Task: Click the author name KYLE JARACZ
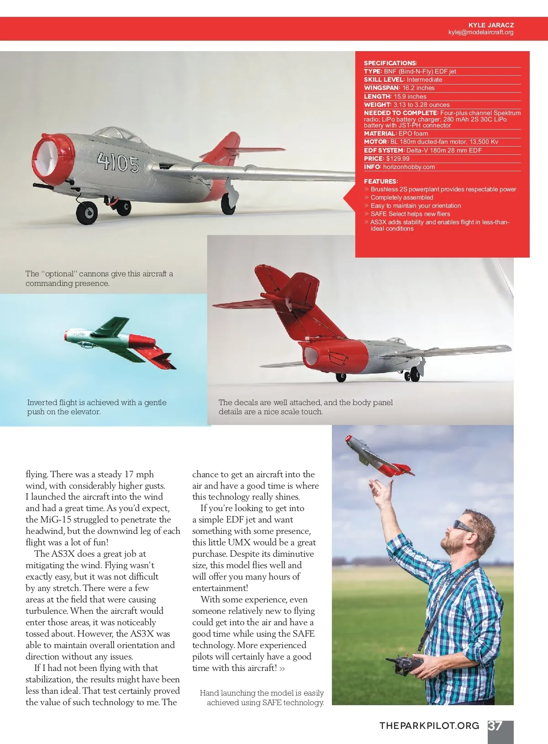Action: tap(491, 25)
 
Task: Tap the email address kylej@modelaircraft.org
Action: tap(481, 32)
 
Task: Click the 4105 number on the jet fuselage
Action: tap(118, 162)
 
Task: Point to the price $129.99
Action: tap(398, 158)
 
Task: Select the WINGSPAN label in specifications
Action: tap(381, 88)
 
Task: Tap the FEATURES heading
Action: tap(380, 181)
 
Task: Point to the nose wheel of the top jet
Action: tap(87, 213)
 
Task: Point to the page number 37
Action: tap(495, 726)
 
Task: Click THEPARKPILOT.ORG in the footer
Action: tap(429, 726)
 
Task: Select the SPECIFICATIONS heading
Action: tap(390, 63)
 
